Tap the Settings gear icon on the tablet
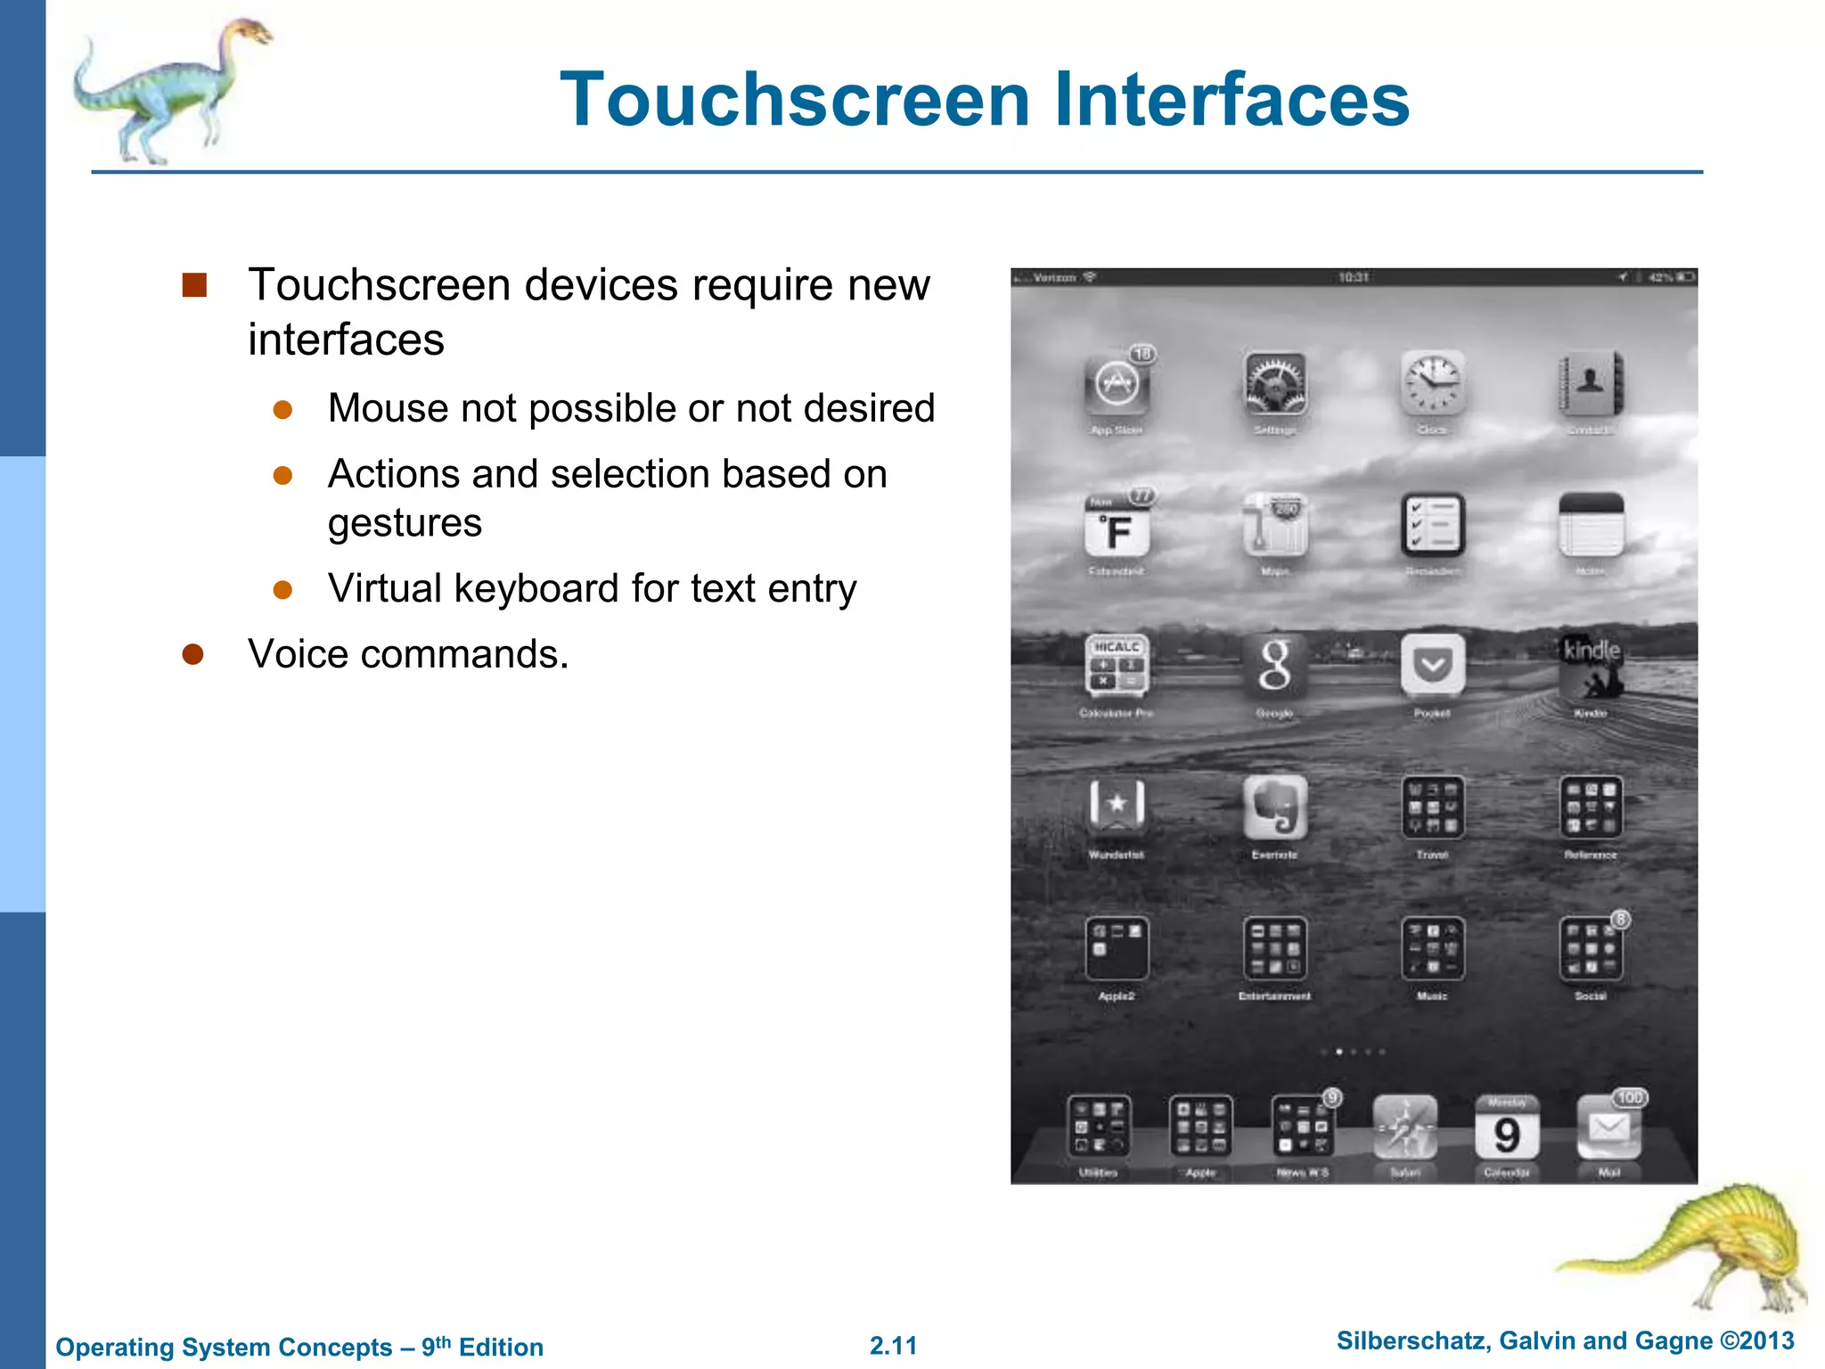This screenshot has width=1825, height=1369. [1275, 384]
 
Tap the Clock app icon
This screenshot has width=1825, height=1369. [1432, 384]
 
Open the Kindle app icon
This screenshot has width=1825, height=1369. [1591, 666]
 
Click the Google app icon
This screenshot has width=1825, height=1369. [1275, 666]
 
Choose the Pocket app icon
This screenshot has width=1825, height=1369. [1432, 666]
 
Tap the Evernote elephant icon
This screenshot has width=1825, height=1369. [1275, 807]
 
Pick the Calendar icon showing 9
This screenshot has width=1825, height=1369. [1506, 1127]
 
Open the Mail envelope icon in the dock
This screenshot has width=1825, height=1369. [1608, 1127]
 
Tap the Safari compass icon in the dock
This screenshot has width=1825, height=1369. [1404, 1127]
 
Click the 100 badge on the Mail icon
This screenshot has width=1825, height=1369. [1630, 1098]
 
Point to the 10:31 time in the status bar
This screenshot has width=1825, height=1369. [1353, 278]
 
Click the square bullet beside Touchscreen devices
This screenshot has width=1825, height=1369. [194, 285]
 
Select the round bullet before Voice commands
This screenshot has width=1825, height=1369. [192, 654]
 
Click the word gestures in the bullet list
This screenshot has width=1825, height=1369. [405, 523]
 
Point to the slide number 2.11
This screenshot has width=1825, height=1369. [893, 1345]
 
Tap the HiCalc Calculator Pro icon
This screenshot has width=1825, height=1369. [1117, 666]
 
